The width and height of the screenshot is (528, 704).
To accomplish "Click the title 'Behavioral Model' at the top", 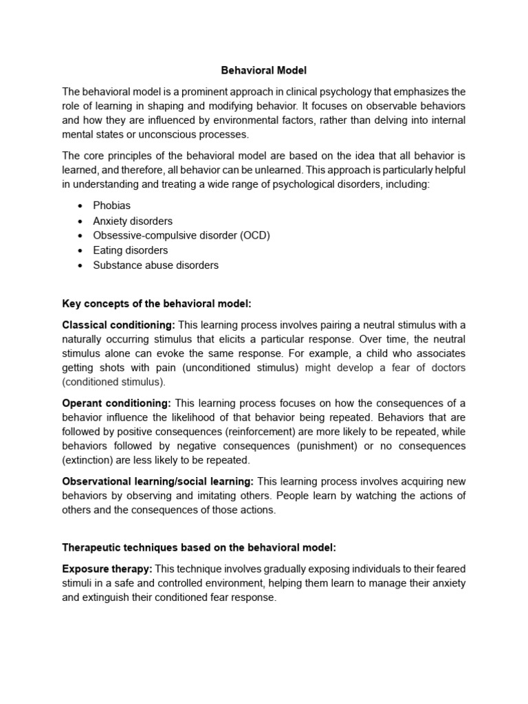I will tap(263, 70).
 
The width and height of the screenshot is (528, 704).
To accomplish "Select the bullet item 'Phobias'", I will tap(111, 206).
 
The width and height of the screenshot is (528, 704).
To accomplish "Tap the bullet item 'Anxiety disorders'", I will tap(133, 221).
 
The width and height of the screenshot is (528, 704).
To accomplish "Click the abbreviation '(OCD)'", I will tap(254, 235).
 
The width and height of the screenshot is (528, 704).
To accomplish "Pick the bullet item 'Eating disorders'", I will tap(130, 250).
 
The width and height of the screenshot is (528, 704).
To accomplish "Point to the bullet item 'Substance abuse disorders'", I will tap(155, 265).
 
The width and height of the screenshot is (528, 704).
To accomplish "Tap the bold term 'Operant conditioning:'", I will tap(116, 402).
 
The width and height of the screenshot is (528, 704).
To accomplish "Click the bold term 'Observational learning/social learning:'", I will tap(158, 481).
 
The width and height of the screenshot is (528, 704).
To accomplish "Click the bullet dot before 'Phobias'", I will tap(81, 206).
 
